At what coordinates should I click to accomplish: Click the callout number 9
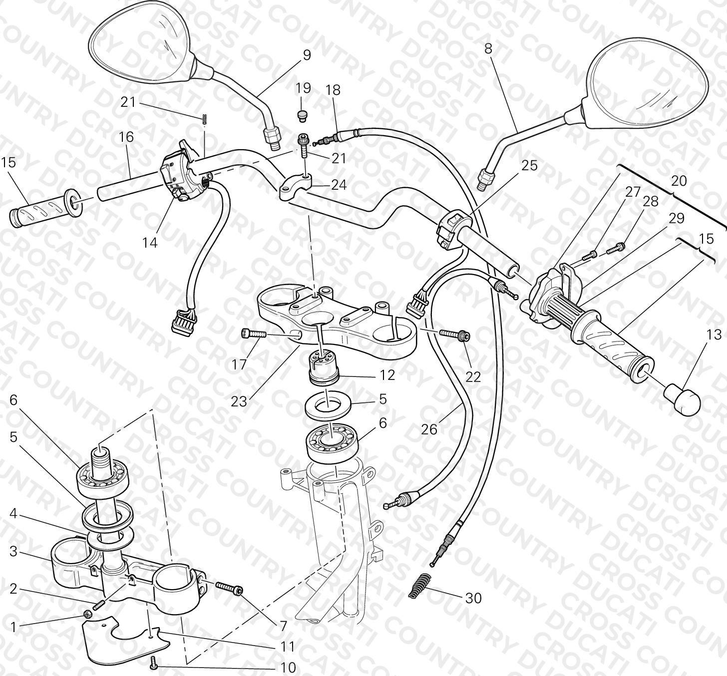(307, 55)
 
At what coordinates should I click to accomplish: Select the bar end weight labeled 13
(682, 399)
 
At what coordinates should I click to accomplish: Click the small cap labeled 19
(302, 115)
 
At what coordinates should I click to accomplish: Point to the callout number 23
(239, 402)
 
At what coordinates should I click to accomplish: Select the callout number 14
(150, 243)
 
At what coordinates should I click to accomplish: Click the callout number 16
(126, 137)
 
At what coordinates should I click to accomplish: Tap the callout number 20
(679, 181)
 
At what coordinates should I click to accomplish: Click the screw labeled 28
(616, 249)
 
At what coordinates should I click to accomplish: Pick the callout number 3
(13, 551)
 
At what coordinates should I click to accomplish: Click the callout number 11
(288, 647)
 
